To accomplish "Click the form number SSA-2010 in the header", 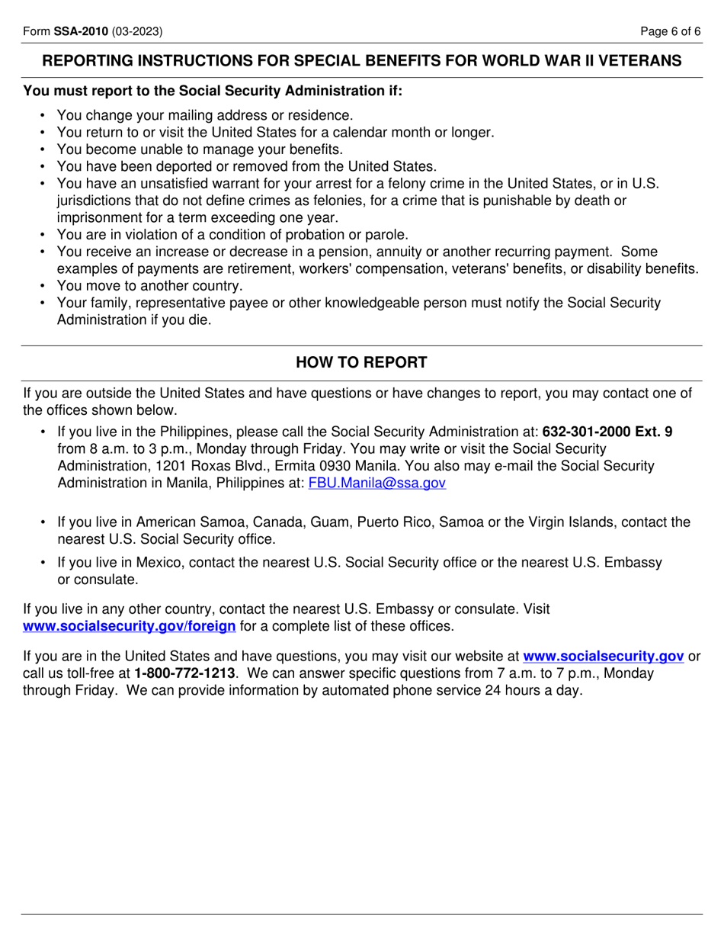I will pos(82,31).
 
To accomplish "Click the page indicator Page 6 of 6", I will pos(670,31).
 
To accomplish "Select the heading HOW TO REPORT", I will pos(361,362).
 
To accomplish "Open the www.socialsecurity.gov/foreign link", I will pos(130,626).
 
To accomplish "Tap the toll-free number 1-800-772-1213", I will pos(184,673).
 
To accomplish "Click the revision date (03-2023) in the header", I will pos(137,31).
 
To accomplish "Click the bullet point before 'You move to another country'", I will pos(43,286).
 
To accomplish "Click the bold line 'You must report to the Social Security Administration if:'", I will pos(213,91).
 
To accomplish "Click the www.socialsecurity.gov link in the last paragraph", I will pos(603,656).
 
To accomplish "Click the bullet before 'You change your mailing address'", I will pos(43,115).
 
